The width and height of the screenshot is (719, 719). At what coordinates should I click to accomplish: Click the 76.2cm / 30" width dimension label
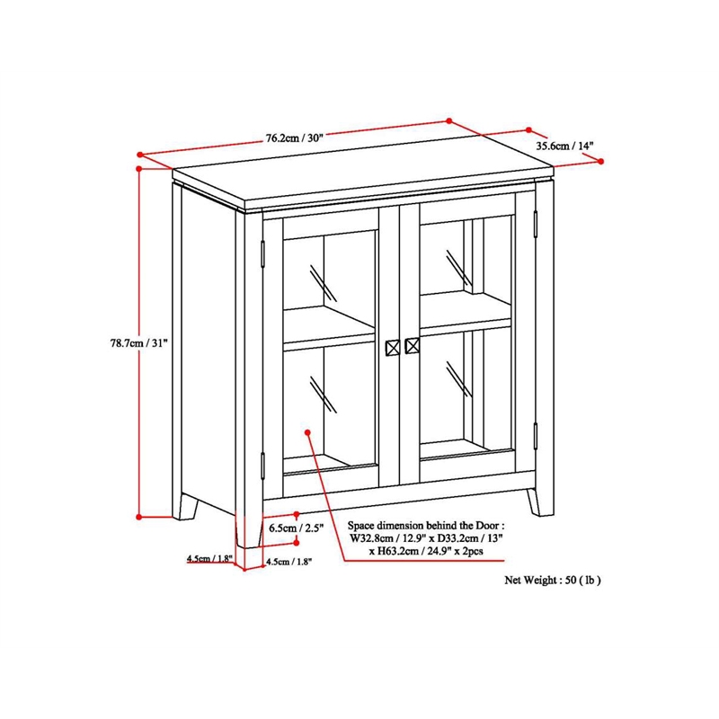[295, 138]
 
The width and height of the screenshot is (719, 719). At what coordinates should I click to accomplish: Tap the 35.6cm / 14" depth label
[565, 146]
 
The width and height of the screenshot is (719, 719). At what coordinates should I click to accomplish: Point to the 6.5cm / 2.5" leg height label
[297, 528]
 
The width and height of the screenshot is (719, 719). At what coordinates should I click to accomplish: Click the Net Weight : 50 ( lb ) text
[553, 580]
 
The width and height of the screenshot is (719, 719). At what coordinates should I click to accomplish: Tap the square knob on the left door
[393, 348]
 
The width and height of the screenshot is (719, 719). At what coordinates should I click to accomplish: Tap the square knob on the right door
[413, 346]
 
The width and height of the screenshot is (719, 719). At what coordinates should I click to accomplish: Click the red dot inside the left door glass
[307, 432]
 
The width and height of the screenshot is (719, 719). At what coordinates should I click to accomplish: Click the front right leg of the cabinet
[534, 502]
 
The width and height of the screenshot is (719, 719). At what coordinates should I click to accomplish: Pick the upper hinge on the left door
[262, 254]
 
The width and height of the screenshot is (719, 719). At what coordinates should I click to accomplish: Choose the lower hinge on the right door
[535, 436]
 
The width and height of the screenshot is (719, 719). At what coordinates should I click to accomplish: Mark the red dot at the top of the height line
[139, 169]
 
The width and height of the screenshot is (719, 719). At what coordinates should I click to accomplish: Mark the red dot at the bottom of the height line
[139, 518]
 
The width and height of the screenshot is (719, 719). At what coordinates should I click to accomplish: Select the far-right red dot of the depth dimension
[601, 162]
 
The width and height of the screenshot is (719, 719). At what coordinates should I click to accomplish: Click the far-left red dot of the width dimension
[140, 155]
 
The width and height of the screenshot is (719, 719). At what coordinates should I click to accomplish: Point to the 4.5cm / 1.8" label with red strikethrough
[210, 559]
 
